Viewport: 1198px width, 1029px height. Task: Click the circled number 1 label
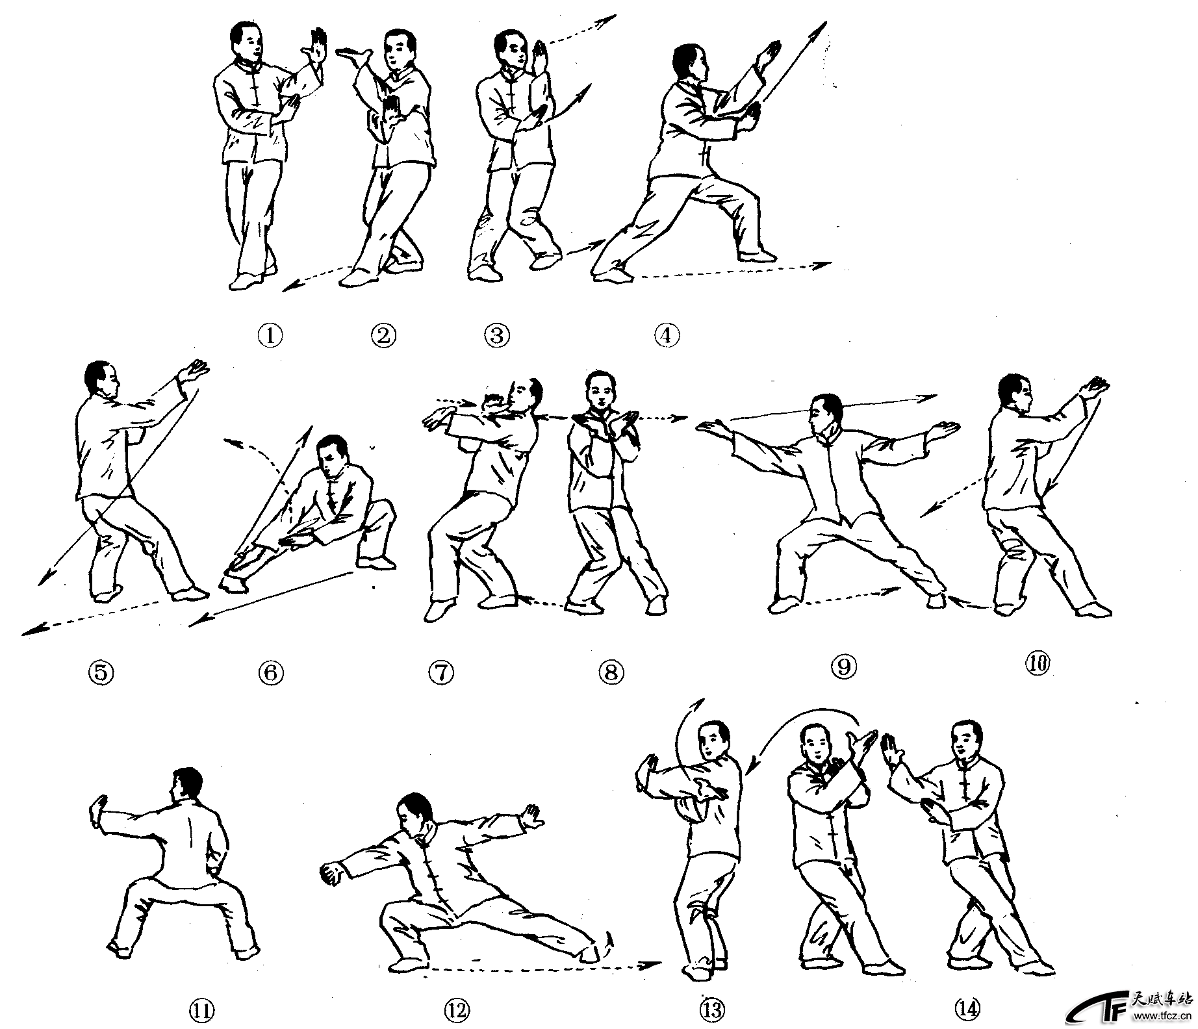pyautogui.click(x=270, y=335)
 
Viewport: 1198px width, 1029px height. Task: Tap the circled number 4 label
pyautogui.click(x=667, y=335)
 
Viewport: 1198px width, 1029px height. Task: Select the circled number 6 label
pyautogui.click(x=271, y=672)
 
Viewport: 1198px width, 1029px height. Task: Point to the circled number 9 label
pyautogui.click(x=844, y=667)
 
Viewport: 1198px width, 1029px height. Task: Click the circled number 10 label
pyautogui.click(x=1037, y=663)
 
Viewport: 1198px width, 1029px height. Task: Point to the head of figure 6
pyautogui.click(x=335, y=455)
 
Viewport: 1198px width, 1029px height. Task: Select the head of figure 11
pyautogui.click(x=186, y=788)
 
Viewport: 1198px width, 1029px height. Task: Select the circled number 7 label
pyautogui.click(x=441, y=672)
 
